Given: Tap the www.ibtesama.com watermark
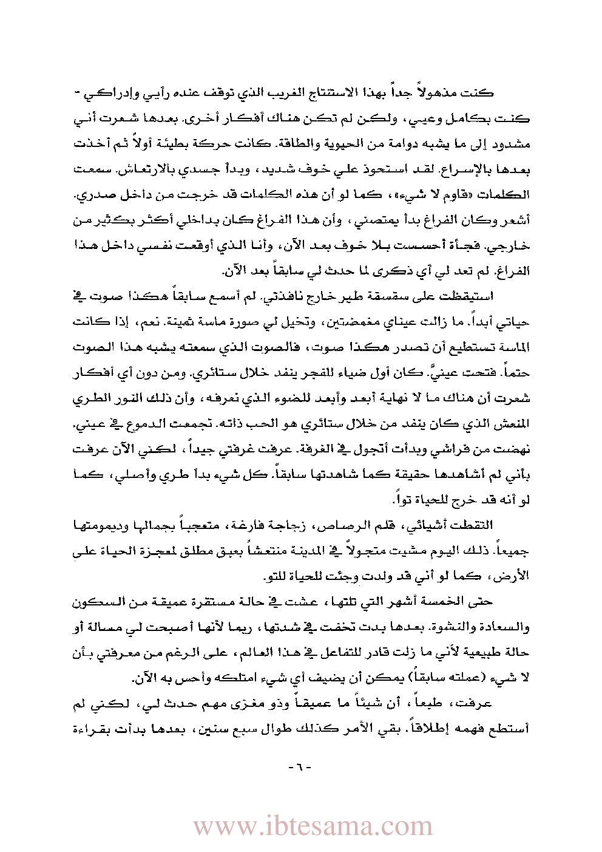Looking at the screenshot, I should [x=313, y=826].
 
